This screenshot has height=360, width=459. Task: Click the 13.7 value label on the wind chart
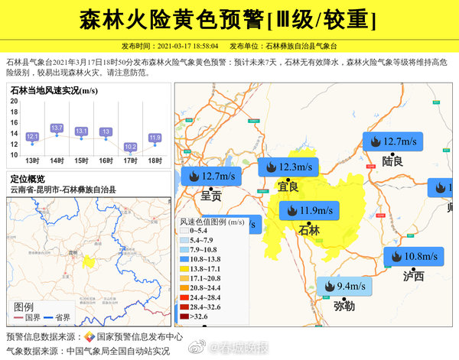[x=57, y=128]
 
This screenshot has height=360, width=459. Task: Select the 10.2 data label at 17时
[x=131, y=147]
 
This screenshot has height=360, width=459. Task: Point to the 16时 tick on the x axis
[x=106, y=161]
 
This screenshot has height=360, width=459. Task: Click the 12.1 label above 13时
[x=32, y=137]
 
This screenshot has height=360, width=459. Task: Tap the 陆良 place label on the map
[x=392, y=161]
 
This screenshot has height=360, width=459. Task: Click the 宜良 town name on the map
[x=288, y=186]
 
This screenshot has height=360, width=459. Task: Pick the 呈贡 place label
[x=211, y=196]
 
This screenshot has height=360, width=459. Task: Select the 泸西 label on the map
[x=413, y=276]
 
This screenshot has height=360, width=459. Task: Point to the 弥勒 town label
[x=344, y=306]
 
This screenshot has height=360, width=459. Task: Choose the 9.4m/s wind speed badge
[x=343, y=287]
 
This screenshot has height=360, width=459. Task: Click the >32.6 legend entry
[x=198, y=315]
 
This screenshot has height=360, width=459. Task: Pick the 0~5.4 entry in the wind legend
[x=198, y=230]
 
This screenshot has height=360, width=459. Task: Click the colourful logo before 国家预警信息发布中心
[x=89, y=336]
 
